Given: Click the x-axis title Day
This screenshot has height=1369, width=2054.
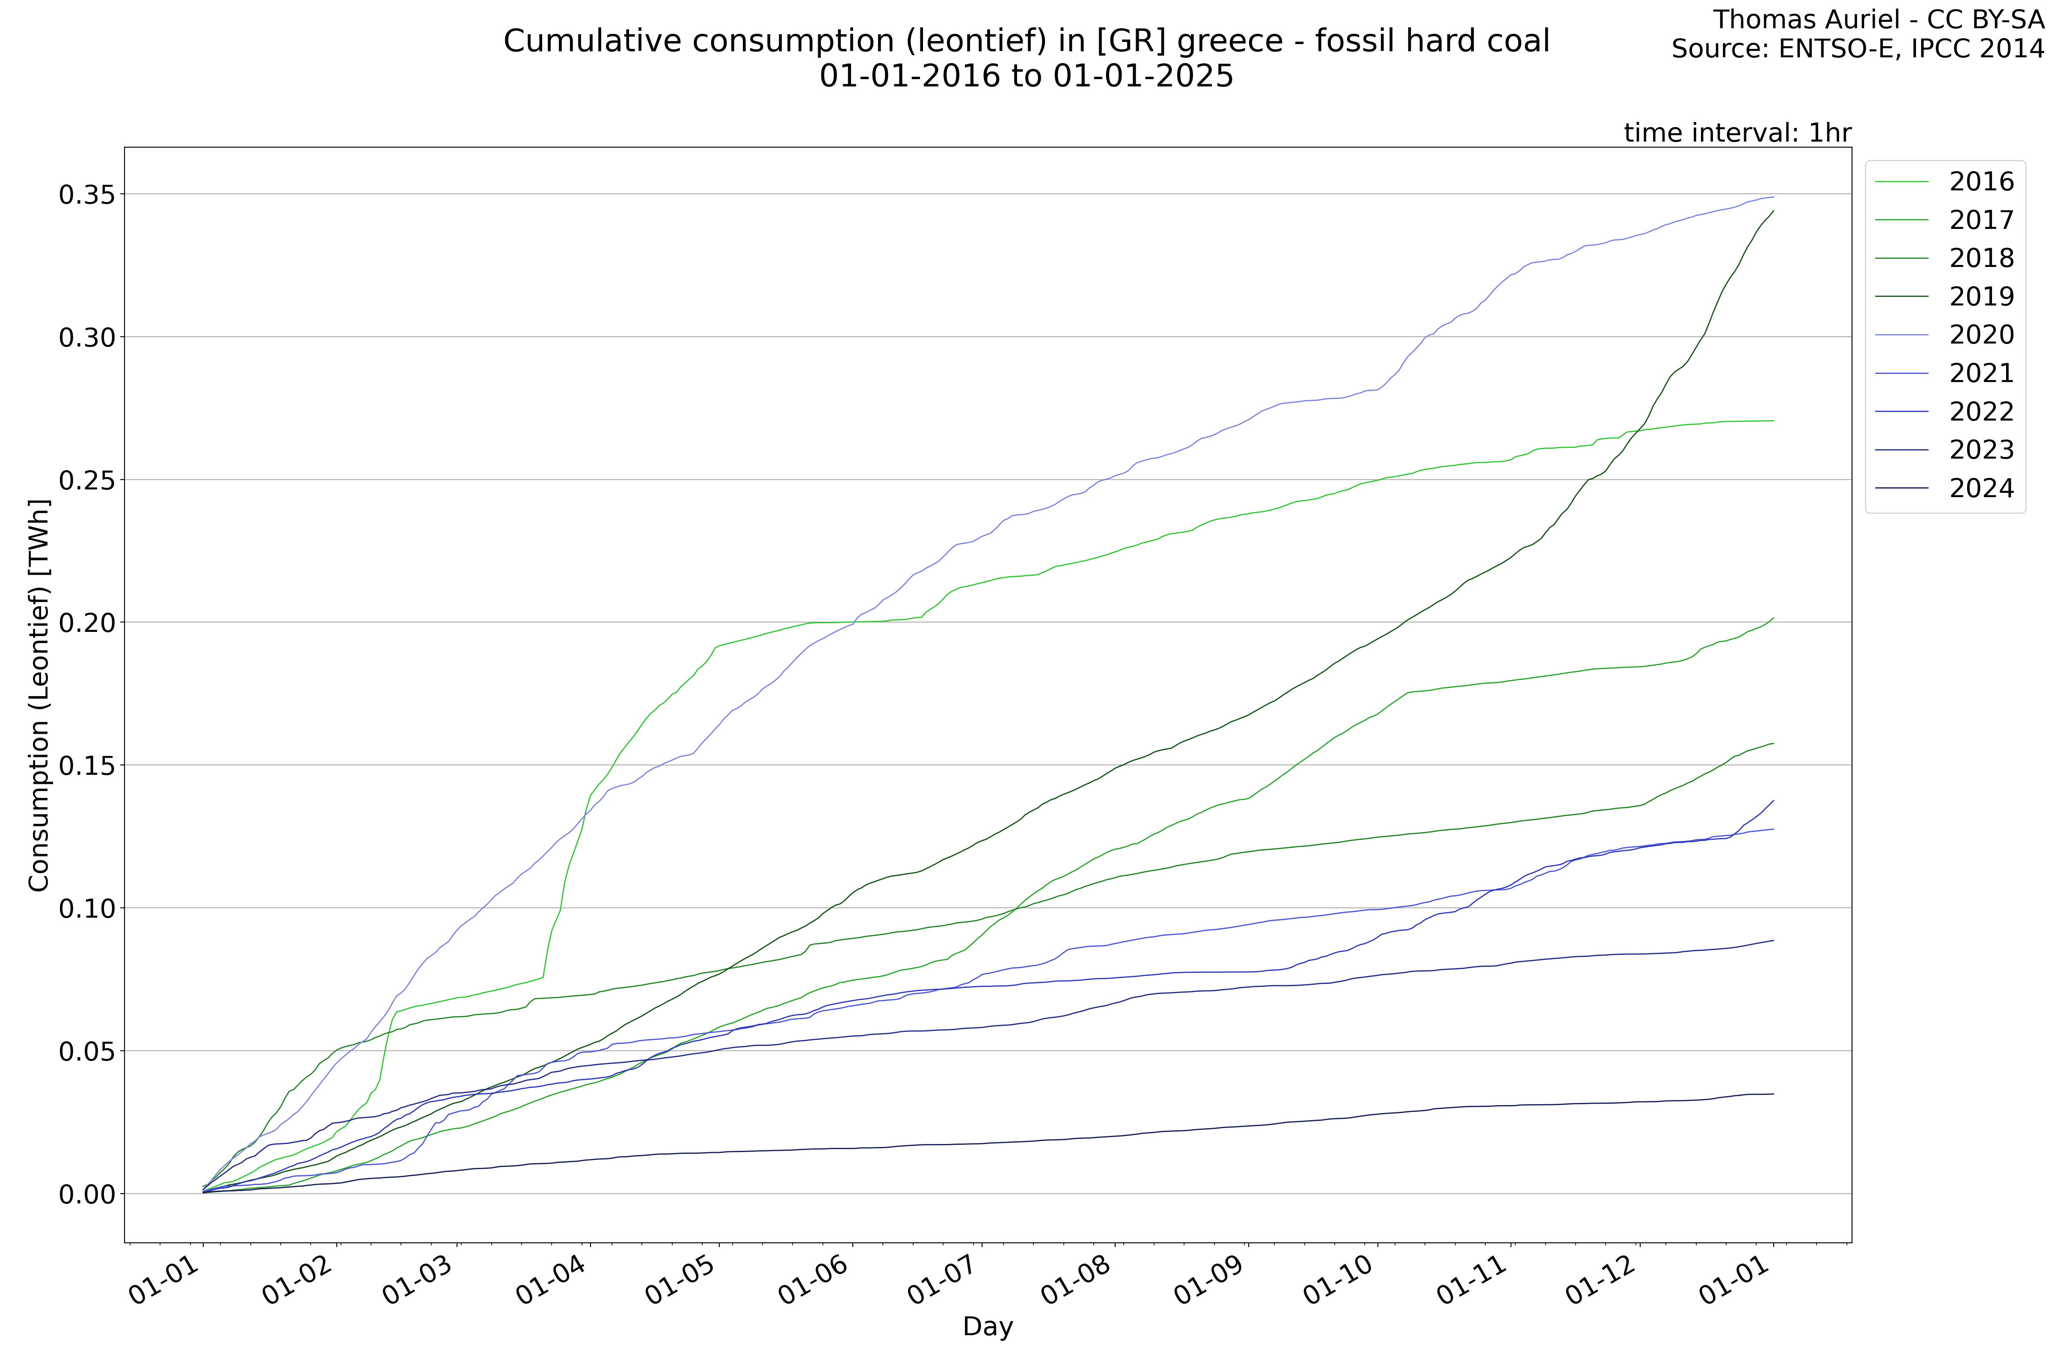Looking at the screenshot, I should coord(988,1327).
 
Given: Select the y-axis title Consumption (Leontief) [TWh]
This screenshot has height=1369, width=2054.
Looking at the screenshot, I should coord(39,696).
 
